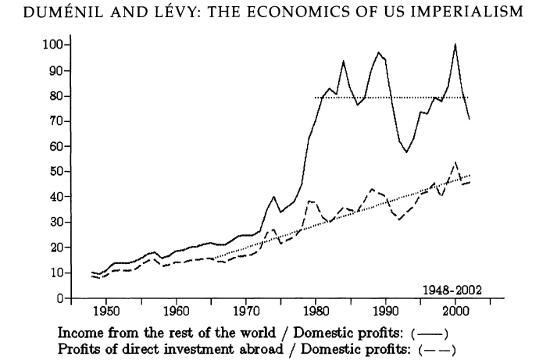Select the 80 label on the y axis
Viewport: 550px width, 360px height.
[x=54, y=96]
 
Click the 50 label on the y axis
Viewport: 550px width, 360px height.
[x=54, y=172]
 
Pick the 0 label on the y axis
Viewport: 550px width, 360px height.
[x=58, y=299]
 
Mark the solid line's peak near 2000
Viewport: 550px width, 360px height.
[x=455, y=45]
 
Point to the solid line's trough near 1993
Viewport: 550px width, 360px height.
[x=406, y=151]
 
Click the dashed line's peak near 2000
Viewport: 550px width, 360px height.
[x=455, y=162]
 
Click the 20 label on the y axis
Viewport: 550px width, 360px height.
[x=54, y=248]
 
